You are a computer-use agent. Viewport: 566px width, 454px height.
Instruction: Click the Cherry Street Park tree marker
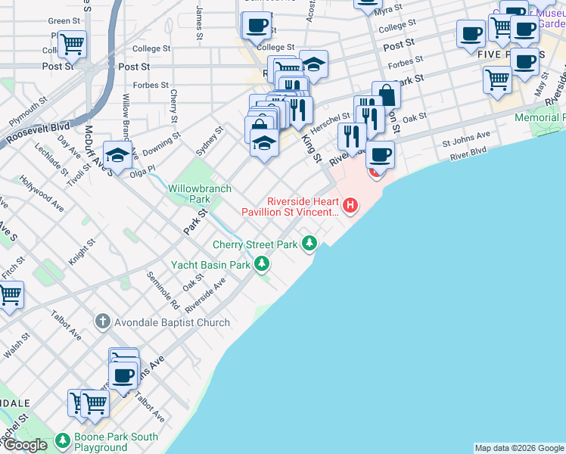tap(309, 243)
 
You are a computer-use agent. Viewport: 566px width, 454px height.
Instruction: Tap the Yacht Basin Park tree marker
tap(262, 264)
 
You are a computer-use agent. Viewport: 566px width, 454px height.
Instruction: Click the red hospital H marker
tap(350, 204)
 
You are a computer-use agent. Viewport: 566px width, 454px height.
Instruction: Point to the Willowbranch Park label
tap(189, 193)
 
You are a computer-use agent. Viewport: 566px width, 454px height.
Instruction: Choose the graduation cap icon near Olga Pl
tap(118, 154)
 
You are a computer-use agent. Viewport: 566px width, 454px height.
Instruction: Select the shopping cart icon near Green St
tap(72, 44)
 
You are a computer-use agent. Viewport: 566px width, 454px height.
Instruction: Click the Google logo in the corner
tap(25, 445)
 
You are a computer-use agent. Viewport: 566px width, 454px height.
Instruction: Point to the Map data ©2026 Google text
tap(518, 448)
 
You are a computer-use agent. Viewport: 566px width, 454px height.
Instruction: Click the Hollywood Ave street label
tap(42, 191)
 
